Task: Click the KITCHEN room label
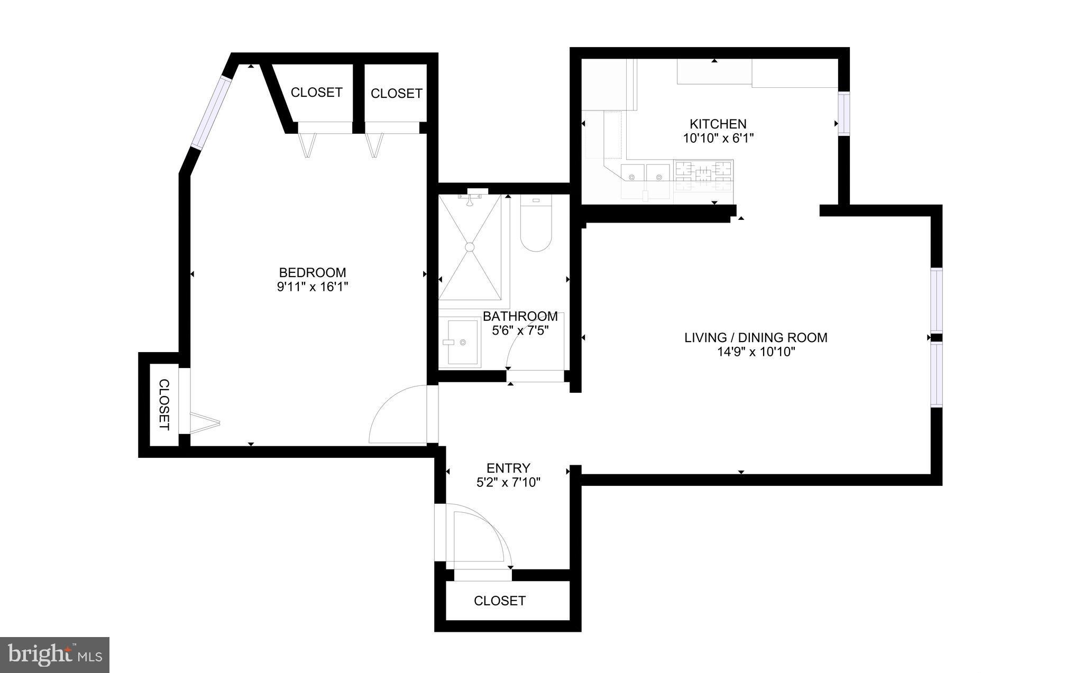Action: pyautogui.click(x=718, y=124)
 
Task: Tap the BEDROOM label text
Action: pyautogui.click(x=312, y=273)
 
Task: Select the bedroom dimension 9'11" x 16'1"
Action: pyautogui.click(x=312, y=287)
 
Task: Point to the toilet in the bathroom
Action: pyautogui.click(x=536, y=224)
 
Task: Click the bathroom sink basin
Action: pyautogui.click(x=461, y=342)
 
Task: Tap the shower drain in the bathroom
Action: pyautogui.click(x=470, y=246)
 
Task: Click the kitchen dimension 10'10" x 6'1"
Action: pyautogui.click(x=718, y=139)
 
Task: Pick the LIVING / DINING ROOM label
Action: pyautogui.click(x=756, y=337)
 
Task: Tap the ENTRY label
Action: pyautogui.click(x=508, y=468)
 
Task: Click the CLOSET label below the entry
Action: pyautogui.click(x=499, y=601)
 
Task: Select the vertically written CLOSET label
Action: pyautogui.click(x=164, y=404)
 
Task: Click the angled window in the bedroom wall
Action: pyautogui.click(x=212, y=112)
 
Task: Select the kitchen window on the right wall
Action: pyautogui.click(x=843, y=114)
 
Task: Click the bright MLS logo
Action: pyautogui.click(x=54, y=654)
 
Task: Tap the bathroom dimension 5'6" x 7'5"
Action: pyautogui.click(x=520, y=331)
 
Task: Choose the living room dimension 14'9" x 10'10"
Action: pyautogui.click(x=756, y=352)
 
